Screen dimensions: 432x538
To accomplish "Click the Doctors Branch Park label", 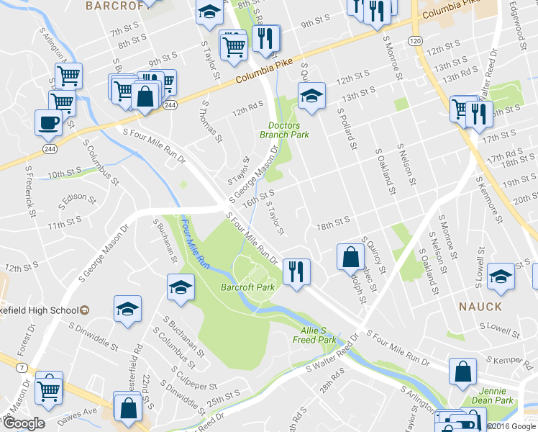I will coord(284,130).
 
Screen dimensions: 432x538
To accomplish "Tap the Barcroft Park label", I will coord(248,287).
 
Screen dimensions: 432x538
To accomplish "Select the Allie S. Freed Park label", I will coord(314,334).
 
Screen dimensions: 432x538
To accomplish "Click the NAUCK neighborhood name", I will coord(480,306).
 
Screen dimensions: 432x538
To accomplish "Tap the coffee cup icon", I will coord(48,122).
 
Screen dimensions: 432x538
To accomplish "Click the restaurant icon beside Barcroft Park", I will coord(296,271).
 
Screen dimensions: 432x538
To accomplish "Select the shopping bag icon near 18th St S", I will coord(350,257).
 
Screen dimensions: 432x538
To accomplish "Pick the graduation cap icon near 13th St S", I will coord(311,96).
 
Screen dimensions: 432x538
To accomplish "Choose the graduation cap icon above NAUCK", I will coord(501,276).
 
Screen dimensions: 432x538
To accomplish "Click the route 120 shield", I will coord(416,41).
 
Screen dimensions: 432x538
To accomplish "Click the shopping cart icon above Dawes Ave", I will coord(49,388).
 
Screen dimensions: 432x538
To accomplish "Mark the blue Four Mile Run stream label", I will coord(195,246).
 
